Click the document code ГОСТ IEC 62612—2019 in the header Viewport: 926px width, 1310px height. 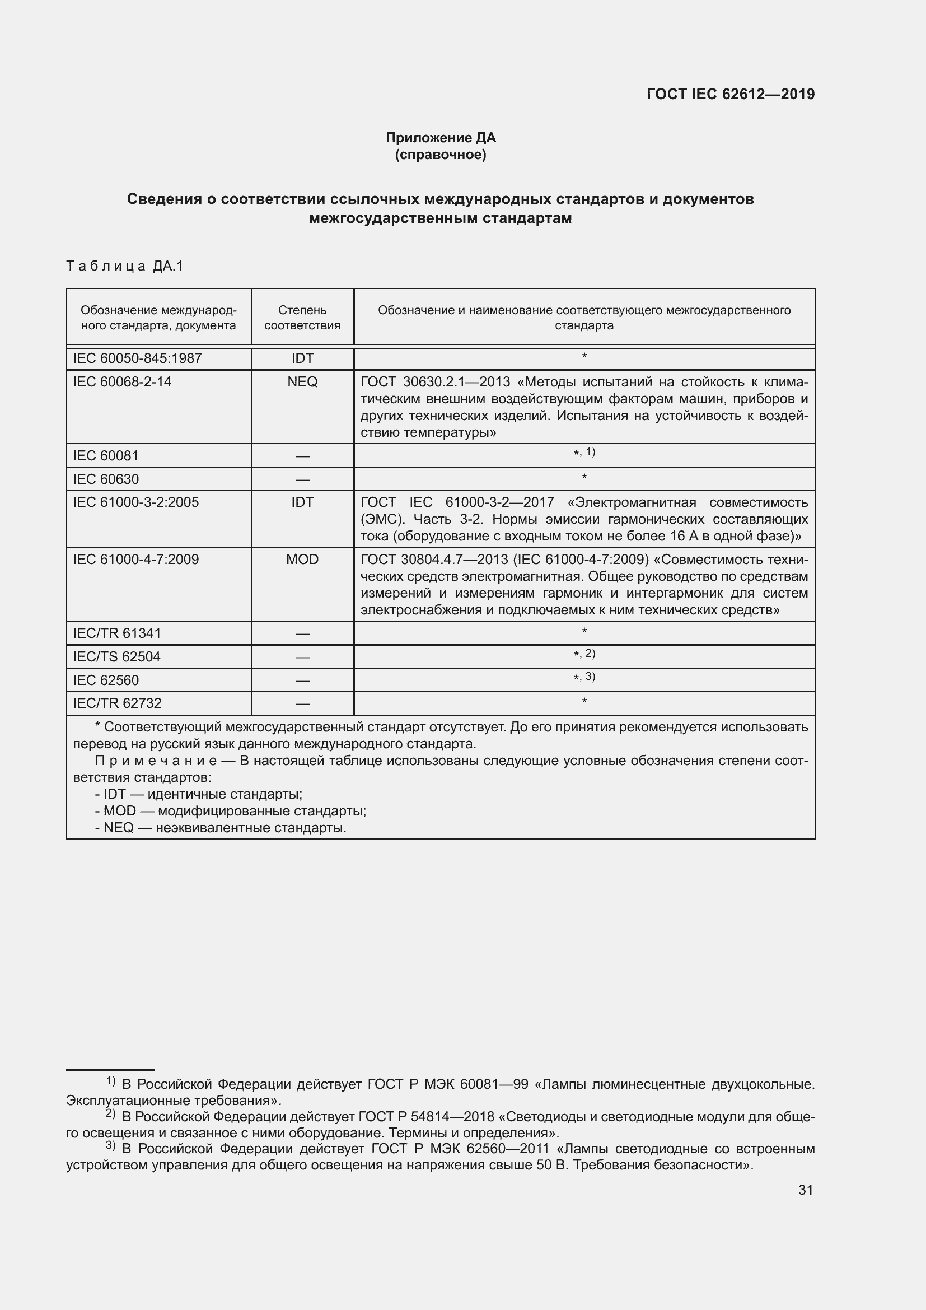(731, 94)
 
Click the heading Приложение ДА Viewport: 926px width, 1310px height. (441, 138)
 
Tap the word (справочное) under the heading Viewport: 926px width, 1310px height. (441, 155)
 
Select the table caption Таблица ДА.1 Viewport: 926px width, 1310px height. (125, 266)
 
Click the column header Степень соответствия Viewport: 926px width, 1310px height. (302, 318)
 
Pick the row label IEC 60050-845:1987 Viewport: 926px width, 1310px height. (137, 358)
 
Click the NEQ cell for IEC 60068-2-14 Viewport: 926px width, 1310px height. (302, 382)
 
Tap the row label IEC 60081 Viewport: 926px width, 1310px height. (106, 455)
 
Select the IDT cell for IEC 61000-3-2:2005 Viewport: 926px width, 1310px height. (302, 502)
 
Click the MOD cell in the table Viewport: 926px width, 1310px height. (302, 559)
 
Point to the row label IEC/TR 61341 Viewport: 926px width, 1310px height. (117, 633)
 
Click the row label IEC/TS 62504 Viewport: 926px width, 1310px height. (117, 657)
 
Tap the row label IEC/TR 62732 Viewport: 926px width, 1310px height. (118, 703)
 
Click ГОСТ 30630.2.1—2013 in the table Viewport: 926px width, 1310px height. (436, 382)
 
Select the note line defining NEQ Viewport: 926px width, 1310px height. (221, 828)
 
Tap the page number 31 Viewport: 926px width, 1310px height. (805, 1190)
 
